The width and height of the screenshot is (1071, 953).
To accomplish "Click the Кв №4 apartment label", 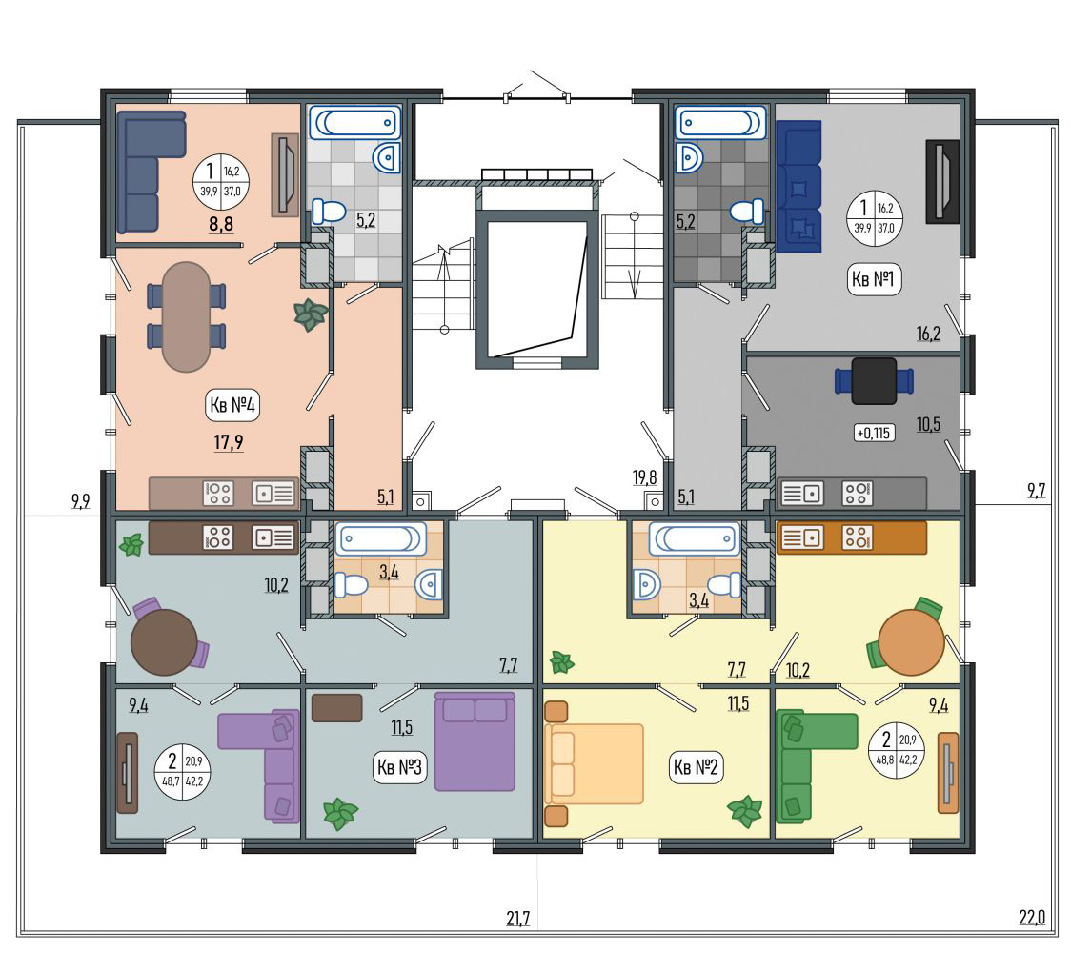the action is tap(232, 405).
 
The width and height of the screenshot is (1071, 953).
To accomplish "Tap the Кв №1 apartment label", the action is tap(875, 279).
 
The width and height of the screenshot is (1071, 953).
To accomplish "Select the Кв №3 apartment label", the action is tap(399, 767).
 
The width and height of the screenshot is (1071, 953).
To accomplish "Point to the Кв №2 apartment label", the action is tap(696, 767).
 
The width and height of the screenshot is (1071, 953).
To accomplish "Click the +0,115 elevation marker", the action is tap(875, 433).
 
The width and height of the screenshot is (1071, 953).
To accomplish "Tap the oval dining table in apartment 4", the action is tap(186, 316).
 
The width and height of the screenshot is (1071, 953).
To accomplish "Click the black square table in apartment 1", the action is tap(875, 381).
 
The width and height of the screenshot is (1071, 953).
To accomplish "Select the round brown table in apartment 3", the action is tap(164, 642).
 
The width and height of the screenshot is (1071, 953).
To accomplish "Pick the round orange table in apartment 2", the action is tap(911, 642).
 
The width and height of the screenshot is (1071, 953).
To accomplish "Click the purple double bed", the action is tap(475, 741).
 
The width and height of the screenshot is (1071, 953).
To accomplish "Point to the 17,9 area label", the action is tap(228, 443).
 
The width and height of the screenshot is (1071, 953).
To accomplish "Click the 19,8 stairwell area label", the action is tap(644, 477).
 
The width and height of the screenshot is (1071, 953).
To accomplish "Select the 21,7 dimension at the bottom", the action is tap(518, 919).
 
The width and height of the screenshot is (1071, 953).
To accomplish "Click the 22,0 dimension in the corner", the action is tap(1032, 917).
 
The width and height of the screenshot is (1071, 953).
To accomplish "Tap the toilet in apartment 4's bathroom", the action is tap(330, 212).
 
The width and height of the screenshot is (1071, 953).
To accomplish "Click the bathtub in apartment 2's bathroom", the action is tap(695, 539).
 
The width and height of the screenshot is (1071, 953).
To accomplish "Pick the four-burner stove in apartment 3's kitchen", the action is tap(218, 537).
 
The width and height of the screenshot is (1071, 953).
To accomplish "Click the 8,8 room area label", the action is tap(221, 223).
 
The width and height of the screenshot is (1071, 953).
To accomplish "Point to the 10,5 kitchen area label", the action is tap(928, 424).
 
